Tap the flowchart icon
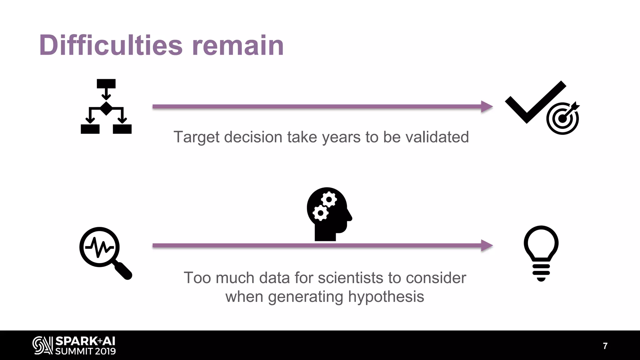[106, 107]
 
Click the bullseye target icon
[562, 118]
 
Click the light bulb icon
[541, 253]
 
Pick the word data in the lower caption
[274, 278]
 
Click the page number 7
[605, 346]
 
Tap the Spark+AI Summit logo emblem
[42, 346]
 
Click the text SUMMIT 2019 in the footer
[85, 351]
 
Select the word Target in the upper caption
[196, 137]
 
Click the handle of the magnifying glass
[123, 271]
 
